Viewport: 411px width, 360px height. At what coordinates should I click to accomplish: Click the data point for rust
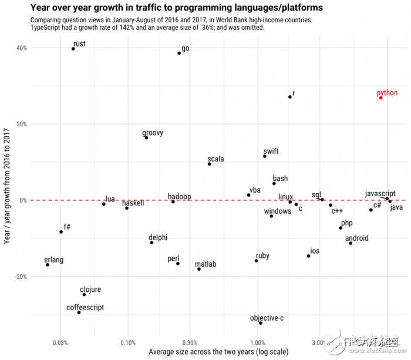pyautogui.click(x=73, y=49)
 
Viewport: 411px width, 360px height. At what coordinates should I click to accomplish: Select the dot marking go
pyautogui.click(x=179, y=53)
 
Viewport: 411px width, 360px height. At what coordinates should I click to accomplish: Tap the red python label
pyautogui.click(x=387, y=93)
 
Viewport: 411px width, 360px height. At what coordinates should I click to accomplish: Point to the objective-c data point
pyautogui.click(x=261, y=323)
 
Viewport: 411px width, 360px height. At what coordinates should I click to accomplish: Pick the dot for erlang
pyautogui.click(x=48, y=265)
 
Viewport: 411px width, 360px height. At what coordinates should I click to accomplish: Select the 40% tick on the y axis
pyautogui.click(x=22, y=48)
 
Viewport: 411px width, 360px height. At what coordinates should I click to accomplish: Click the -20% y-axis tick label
pyautogui.click(x=21, y=277)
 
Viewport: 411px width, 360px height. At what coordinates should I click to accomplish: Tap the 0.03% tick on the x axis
pyautogui.click(x=60, y=342)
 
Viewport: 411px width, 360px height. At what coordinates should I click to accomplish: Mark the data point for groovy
pyautogui.click(x=146, y=137)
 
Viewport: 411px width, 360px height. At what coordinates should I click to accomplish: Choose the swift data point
pyautogui.click(x=265, y=156)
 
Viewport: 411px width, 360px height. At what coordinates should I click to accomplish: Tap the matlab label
pyautogui.click(x=206, y=264)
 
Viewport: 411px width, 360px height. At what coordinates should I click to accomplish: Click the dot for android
pyautogui.click(x=351, y=243)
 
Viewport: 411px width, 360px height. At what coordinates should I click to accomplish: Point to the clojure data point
pyautogui.click(x=84, y=294)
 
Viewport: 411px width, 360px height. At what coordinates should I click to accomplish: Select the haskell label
pyautogui.click(x=133, y=203)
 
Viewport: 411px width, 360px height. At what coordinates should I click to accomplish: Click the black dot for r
pyautogui.click(x=290, y=97)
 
